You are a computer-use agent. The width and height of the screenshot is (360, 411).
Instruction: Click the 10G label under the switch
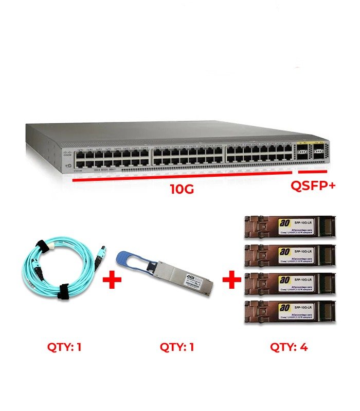(182, 189)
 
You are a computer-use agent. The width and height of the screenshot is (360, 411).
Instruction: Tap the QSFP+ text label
(313, 185)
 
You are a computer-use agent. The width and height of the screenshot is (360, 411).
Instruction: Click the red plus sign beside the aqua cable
(112, 281)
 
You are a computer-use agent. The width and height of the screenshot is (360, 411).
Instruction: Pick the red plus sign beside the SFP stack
(232, 281)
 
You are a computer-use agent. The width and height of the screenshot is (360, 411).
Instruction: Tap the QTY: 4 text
(289, 347)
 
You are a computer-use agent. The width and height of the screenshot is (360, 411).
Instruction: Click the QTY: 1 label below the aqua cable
(63, 347)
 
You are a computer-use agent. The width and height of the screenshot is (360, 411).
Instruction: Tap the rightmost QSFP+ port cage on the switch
(319, 150)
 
